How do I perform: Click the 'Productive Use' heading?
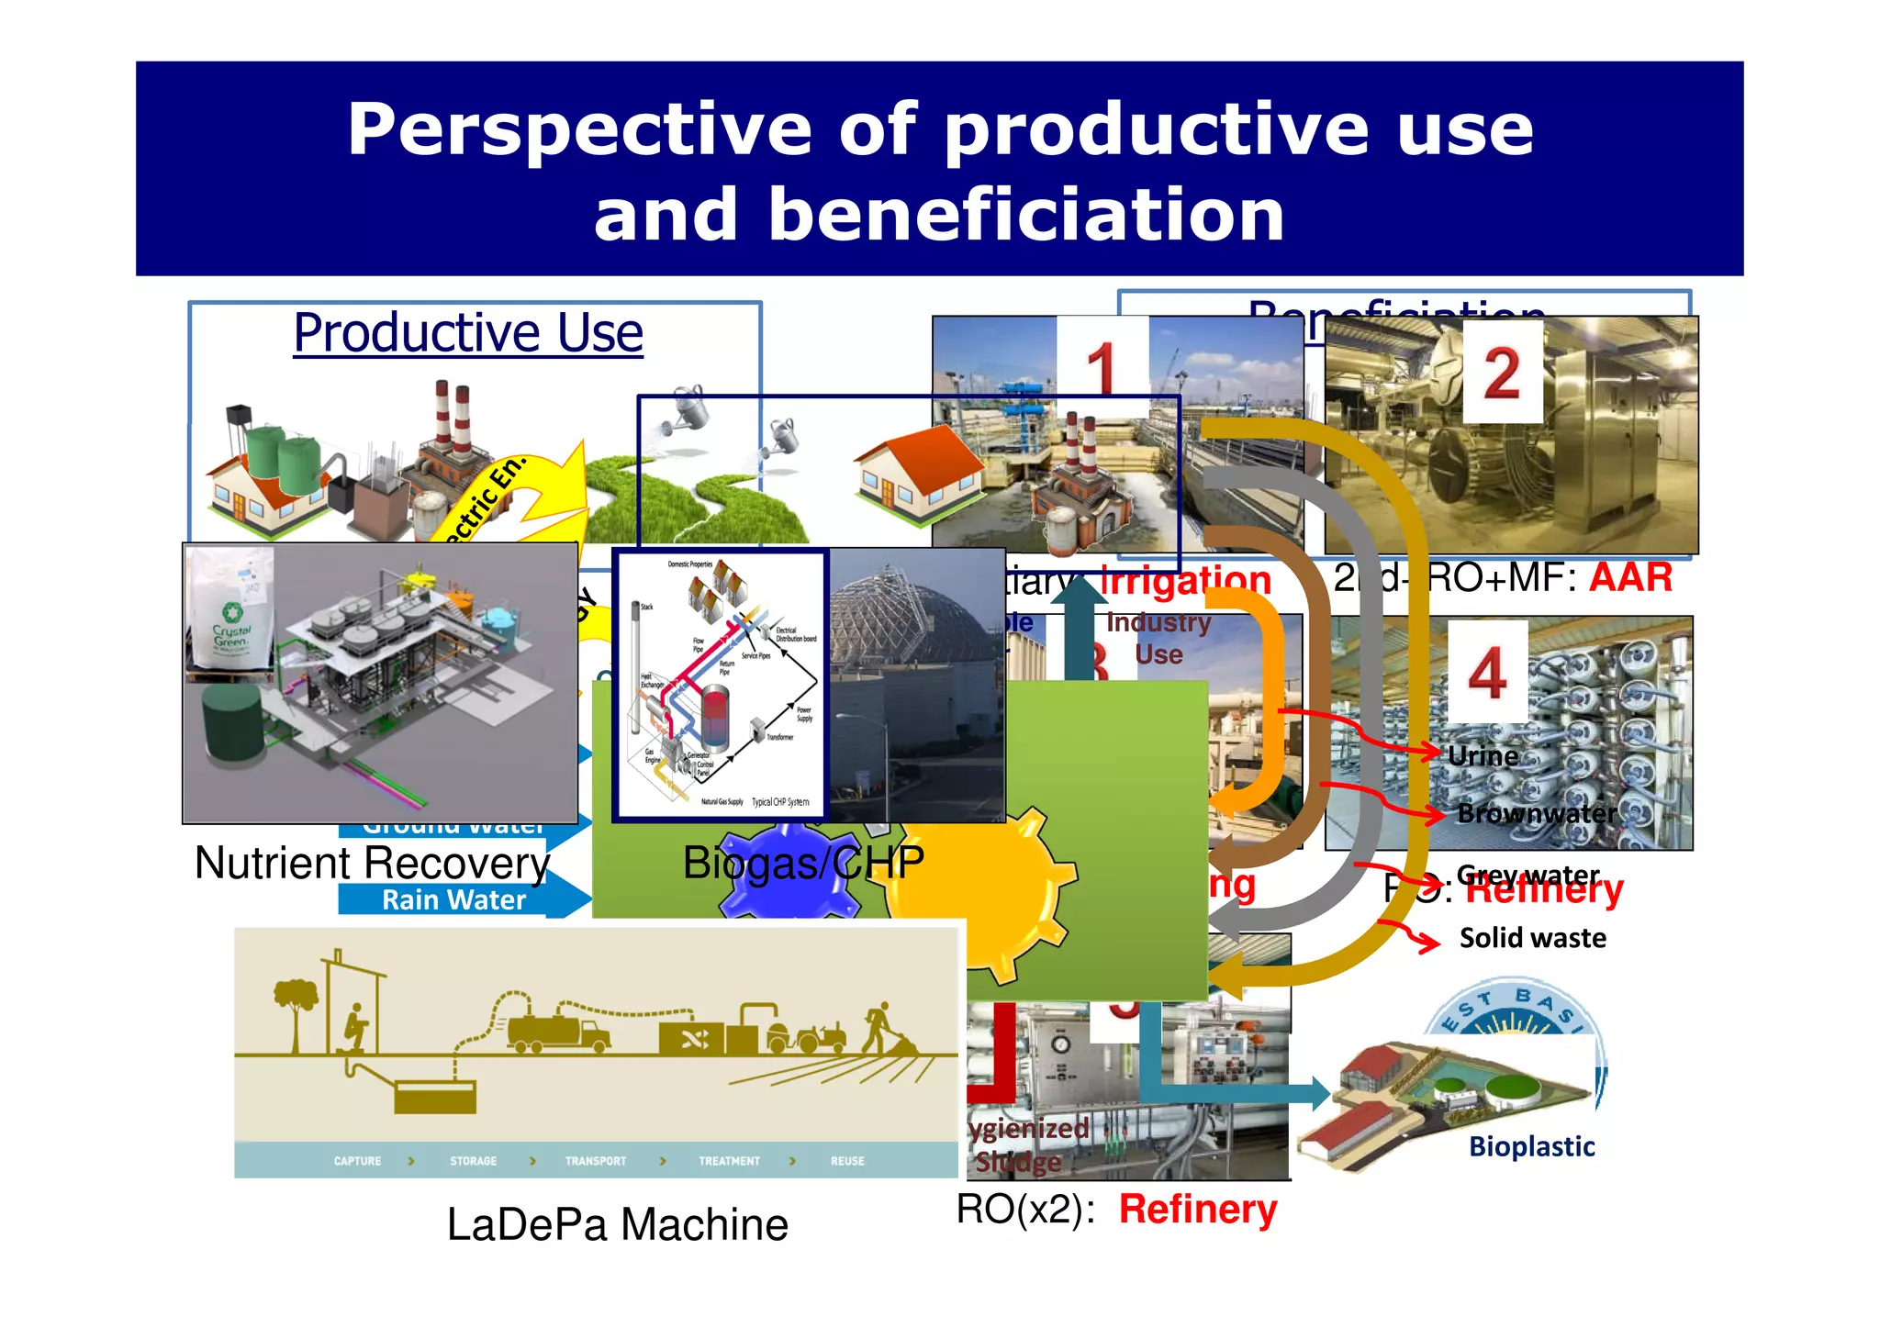click(x=468, y=332)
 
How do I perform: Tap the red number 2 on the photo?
click(x=1502, y=373)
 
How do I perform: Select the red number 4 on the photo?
click(x=1487, y=673)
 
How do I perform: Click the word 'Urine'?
click(x=1483, y=756)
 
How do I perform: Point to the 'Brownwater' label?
click(x=1537, y=813)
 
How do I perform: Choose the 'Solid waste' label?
click(x=1532, y=938)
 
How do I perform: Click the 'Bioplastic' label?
click(x=1531, y=1146)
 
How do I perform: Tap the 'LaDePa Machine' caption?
click(x=617, y=1224)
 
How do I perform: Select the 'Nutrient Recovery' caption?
click(x=372, y=863)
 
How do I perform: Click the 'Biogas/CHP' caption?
click(x=803, y=863)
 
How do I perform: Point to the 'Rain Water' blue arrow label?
click(x=453, y=900)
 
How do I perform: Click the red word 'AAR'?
click(x=1630, y=578)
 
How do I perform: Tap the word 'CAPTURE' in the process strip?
click(x=357, y=1161)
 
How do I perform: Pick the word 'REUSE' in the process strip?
click(x=847, y=1161)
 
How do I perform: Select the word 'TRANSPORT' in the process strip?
click(x=596, y=1161)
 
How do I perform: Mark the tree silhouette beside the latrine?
click(x=296, y=1010)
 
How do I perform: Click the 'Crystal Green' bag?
click(x=230, y=615)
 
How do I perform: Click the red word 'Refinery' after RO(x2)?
click(x=1197, y=1209)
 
